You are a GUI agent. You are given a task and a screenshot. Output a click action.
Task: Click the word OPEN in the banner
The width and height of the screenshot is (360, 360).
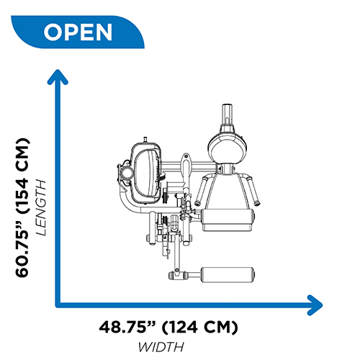point(78,32)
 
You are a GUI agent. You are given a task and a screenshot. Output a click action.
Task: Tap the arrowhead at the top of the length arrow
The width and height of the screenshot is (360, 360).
point(58,77)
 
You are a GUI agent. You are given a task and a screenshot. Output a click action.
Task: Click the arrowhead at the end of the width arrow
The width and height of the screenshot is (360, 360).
point(315,305)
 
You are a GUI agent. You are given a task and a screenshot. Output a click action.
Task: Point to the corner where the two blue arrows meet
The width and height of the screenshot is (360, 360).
point(58,305)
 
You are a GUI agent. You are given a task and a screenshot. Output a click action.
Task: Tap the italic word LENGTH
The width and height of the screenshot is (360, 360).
point(40,207)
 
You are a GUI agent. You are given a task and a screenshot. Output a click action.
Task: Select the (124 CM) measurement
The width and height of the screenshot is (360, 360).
point(199,327)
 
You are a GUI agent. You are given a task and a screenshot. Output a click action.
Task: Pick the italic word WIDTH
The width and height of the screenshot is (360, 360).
point(161,347)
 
